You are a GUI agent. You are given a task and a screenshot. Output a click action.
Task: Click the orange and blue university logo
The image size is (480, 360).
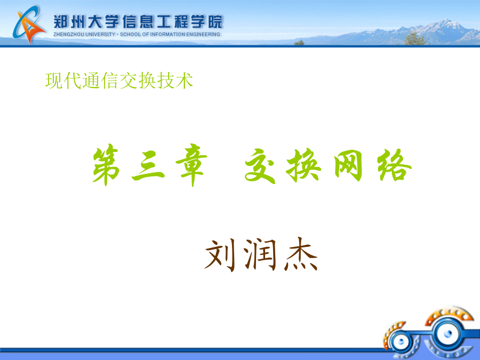(28, 25)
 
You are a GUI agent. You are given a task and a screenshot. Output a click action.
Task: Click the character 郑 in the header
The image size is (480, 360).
(61, 22)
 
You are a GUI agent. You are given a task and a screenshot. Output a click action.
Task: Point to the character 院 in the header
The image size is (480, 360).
(215, 22)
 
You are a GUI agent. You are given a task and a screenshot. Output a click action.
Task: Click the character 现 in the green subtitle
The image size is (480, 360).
(54, 81)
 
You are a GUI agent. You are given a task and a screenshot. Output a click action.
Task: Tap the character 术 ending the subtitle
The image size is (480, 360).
(185, 81)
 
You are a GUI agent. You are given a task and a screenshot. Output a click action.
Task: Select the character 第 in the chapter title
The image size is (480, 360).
(106, 165)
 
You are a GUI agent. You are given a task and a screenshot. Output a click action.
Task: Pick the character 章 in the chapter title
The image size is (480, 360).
(191, 165)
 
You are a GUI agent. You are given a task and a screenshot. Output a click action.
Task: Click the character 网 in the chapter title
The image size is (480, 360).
(348, 166)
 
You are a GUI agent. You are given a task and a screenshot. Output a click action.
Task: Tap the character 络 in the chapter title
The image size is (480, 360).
(394, 166)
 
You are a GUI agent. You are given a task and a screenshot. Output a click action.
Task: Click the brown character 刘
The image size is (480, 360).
(220, 255)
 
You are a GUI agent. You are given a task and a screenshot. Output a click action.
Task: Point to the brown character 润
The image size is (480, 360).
(260, 254)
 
